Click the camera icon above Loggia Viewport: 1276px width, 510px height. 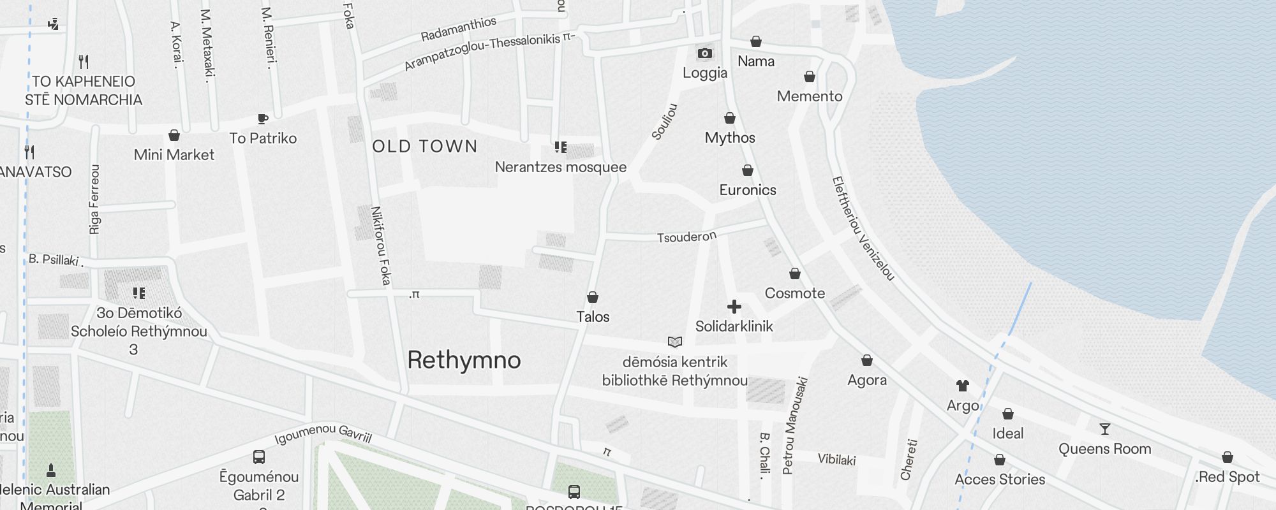[x=704, y=53]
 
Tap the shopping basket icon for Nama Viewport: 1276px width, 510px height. [x=756, y=42]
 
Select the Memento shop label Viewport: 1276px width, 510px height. [x=810, y=96]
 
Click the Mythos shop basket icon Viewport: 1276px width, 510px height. [x=730, y=119]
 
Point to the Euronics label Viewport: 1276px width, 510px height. [x=748, y=190]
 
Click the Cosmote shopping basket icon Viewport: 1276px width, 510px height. [x=795, y=274]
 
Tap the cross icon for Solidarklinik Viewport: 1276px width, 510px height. [x=734, y=307]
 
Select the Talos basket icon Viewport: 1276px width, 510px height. [x=593, y=298]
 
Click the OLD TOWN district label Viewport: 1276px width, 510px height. [x=425, y=147]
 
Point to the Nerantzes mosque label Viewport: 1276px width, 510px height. [x=561, y=167]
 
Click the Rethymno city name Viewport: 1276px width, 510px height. [x=464, y=360]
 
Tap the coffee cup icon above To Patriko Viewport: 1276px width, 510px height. [x=263, y=119]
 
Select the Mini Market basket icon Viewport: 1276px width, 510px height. [x=174, y=136]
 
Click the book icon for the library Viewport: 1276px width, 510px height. [x=675, y=342]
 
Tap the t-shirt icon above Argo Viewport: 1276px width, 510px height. [x=963, y=386]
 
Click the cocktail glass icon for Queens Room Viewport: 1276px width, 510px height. [x=1105, y=429]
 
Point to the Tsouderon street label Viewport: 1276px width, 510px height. [x=687, y=237]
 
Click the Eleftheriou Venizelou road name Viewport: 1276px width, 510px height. [x=863, y=228]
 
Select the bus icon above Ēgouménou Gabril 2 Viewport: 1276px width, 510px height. [x=259, y=457]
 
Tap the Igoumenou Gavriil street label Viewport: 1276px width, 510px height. [x=323, y=434]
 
